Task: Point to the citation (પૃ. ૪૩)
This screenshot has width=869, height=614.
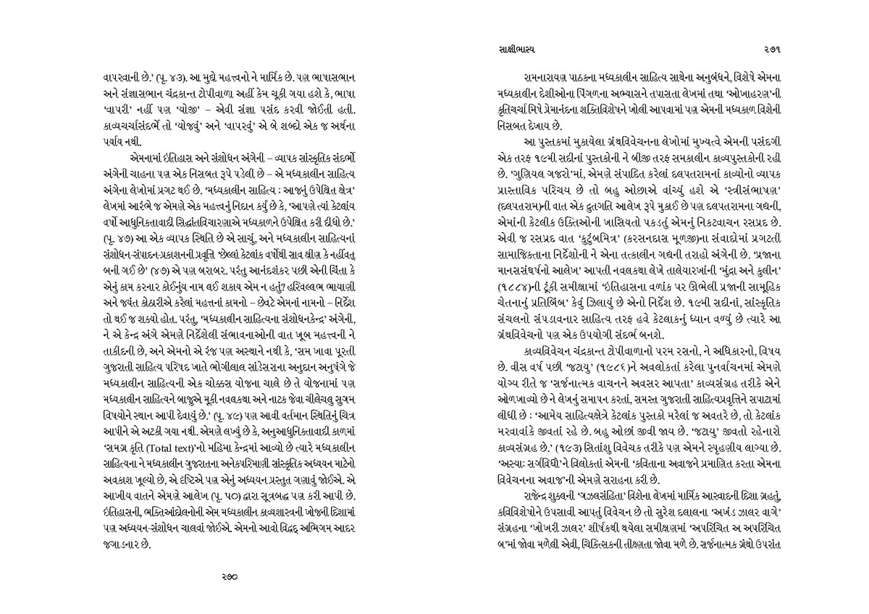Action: (x=169, y=77)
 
